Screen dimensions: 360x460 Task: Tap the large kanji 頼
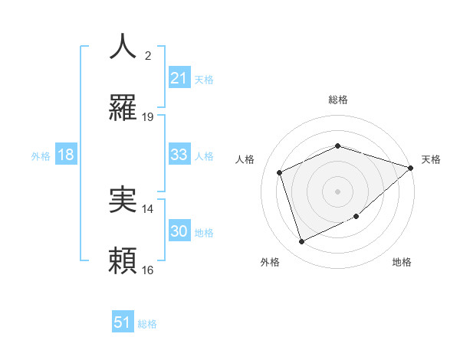[x=123, y=261]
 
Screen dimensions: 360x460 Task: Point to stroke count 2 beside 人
[x=148, y=56]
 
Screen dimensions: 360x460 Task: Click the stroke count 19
[x=148, y=117]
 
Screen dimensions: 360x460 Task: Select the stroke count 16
[x=148, y=270]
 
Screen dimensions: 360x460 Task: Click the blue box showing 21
[x=179, y=78]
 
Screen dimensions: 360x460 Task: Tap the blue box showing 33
[x=179, y=155]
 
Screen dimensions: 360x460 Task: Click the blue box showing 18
[x=66, y=155]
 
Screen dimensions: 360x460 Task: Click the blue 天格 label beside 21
[x=204, y=79]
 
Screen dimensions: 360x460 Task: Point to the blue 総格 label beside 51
[x=147, y=324]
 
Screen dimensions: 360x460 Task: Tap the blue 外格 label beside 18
[x=41, y=156]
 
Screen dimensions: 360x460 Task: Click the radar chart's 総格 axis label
[x=338, y=100]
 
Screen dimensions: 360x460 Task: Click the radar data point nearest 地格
[x=357, y=218]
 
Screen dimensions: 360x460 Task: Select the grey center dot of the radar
[x=338, y=191]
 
